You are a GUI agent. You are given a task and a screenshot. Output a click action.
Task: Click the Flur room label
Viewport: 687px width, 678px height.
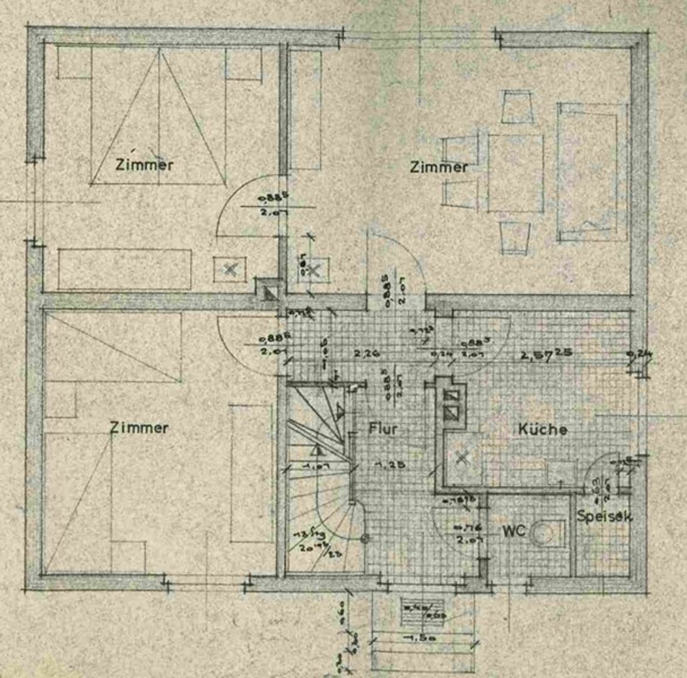pyautogui.click(x=382, y=429)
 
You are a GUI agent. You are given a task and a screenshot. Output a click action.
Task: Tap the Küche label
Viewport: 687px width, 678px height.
pyautogui.click(x=543, y=429)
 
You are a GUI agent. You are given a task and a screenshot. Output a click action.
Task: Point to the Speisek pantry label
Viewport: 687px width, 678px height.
pyautogui.click(x=604, y=517)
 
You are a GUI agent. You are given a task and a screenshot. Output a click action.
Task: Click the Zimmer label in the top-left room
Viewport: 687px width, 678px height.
pyautogui.click(x=144, y=165)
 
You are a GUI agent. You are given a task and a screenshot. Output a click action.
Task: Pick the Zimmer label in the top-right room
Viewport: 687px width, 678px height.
pyautogui.click(x=438, y=167)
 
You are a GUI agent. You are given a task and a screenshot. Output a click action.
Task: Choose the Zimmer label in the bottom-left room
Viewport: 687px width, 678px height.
pyautogui.click(x=139, y=428)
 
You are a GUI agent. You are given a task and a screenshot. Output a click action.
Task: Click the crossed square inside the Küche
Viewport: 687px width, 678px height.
pyautogui.click(x=463, y=458)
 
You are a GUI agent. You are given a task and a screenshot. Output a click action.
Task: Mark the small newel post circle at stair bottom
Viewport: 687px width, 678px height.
pyautogui.click(x=365, y=538)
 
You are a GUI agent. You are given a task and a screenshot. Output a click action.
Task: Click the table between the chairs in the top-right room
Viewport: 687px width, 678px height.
pyautogui.click(x=516, y=173)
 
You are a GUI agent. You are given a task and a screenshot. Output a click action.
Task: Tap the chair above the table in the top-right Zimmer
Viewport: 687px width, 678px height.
pyautogui.click(x=517, y=107)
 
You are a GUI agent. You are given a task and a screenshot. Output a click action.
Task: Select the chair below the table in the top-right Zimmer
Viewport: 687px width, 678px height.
pyautogui.click(x=515, y=237)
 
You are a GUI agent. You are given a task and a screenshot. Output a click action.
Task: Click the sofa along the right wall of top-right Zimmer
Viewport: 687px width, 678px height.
pyautogui.click(x=592, y=171)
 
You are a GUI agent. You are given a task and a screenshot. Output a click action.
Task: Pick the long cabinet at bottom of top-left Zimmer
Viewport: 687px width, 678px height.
pyautogui.click(x=124, y=269)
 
